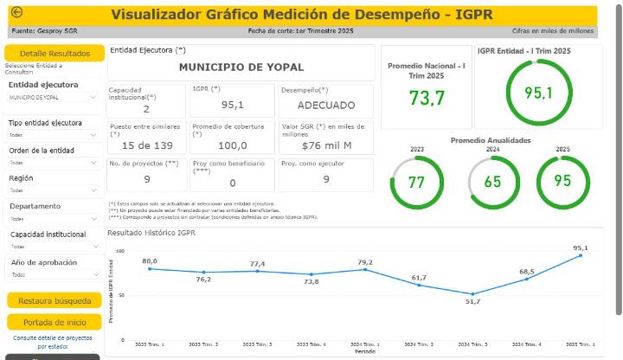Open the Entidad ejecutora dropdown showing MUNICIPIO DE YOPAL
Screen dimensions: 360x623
pyautogui.click(x=54, y=98)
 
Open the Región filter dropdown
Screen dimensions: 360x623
pyautogui.click(x=54, y=190)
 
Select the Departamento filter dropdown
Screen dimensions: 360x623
pyautogui.click(x=54, y=219)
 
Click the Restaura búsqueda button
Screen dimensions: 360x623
pyautogui.click(x=54, y=301)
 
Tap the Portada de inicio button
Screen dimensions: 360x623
pyautogui.click(x=54, y=322)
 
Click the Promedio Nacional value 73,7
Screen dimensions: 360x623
pyautogui.click(x=427, y=99)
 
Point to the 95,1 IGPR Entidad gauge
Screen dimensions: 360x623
pyautogui.click(x=538, y=93)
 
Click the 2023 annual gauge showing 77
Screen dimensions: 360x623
pyautogui.click(x=416, y=183)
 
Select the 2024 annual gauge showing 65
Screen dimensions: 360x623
pyautogui.click(x=492, y=183)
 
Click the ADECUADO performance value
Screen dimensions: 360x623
pyautogui.click(x=325, y=105)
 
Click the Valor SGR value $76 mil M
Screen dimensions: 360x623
pyautogui.click(x=325, y=145)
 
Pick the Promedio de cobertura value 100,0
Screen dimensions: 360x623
pyautogui.click(x=232, y=145)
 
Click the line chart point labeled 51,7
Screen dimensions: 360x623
pyautogui.click(x=473, y=294)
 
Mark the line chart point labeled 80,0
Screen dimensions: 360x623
pyautogui.click(x=150, y=268)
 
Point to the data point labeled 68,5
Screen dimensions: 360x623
pyautogui.click(x=527, y=279)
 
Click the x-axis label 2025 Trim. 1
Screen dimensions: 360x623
pyautogui.click(x=581, y=344)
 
